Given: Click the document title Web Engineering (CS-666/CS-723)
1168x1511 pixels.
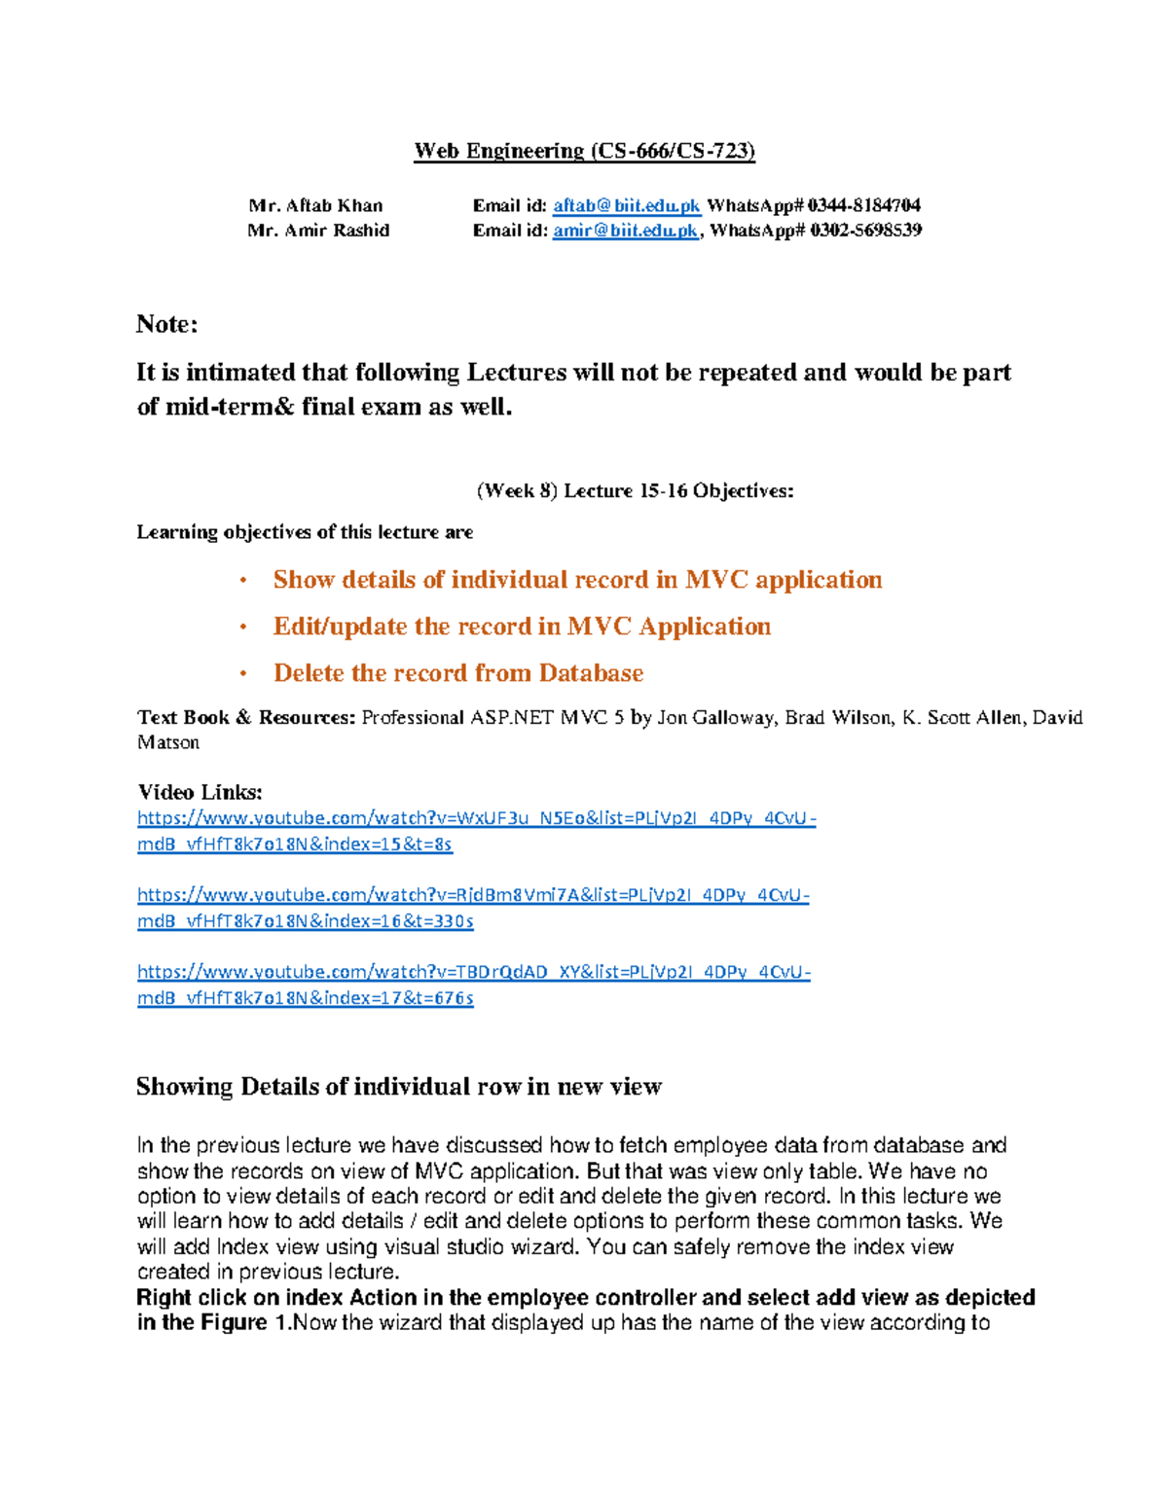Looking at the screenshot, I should pyautogui.click(x=584, y=151).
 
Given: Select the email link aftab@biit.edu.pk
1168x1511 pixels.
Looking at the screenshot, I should pyautogui.click(x=626, y=205).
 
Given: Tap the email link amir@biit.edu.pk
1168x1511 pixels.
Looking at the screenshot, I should pyautogui.click(x=625, y=231).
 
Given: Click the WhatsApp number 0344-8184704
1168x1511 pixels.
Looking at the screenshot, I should pyautogui.click(x=863, y=205).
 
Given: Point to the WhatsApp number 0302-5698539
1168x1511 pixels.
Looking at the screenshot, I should pyautogui.click(x=865, y=231).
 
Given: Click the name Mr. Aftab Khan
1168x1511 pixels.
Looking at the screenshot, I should pyautogui.click(x=315, y=205).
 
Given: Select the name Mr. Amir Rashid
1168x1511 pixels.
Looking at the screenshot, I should pyautogui.click(x=318, y=231).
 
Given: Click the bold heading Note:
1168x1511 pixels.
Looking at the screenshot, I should pyautogui.click(x=166, y=324).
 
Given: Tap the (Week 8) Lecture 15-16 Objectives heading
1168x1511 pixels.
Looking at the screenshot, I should pyautogui.click(x=635, y=491).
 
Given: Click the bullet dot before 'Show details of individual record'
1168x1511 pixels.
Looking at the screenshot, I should pyautogui.click(x=243, y=581).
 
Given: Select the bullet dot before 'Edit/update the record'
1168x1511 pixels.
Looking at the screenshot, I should pyautogui.click(x=243, y=628).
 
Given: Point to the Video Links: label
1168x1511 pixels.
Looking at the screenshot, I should pyautogui.click(x=200, y=792).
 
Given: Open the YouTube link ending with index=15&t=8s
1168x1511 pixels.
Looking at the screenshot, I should pyautogui.click(x=476, y=819).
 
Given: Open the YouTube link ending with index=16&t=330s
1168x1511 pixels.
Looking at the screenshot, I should pyautogui.click(x=473, y=895).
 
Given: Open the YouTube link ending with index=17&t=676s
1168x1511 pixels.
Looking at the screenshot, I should pyautogui.click(x=473, y=972).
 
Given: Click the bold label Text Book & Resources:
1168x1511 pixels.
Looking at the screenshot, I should pyautogui.click(x=246, y=718).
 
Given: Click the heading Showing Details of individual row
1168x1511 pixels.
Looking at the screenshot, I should pyautogui.click(x=398, y=1087).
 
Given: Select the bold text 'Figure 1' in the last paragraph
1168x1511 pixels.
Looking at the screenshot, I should pyautogui.click(x=234, y=1323).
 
